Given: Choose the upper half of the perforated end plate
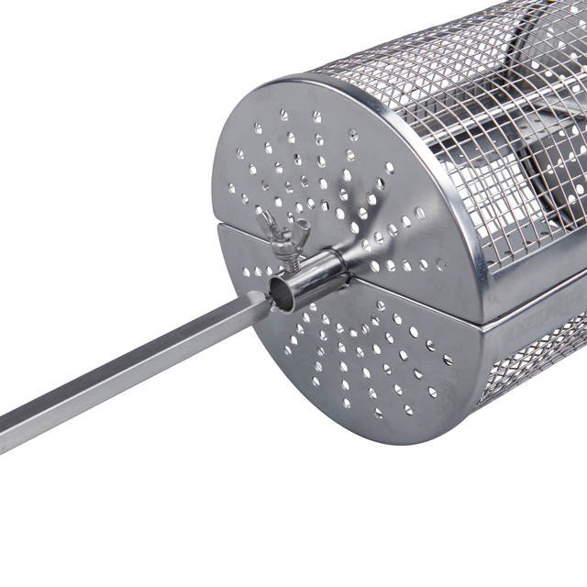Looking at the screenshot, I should [303, 165].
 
